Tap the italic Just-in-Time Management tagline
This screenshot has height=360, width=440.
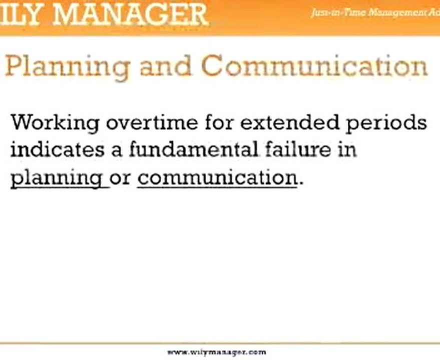(x=374, y=13)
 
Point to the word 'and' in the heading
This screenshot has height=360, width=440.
(x=165, y=66)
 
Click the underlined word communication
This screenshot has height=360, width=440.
(x=217, y=178)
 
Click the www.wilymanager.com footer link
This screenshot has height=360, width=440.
(x=217, y=352)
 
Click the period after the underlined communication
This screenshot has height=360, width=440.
(x=300, y=182)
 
